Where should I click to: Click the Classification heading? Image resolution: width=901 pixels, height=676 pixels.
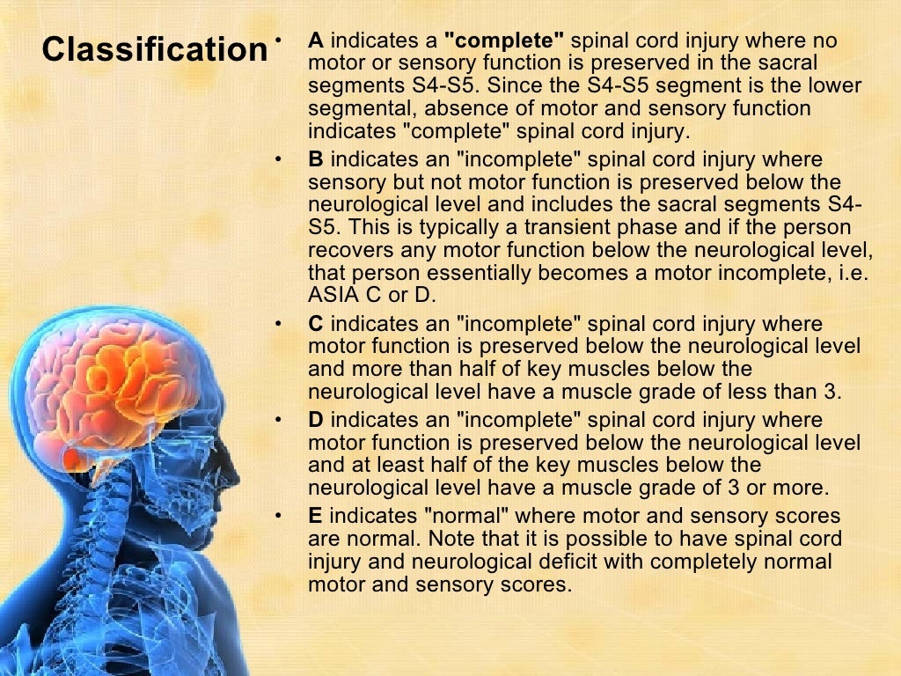point(154,49)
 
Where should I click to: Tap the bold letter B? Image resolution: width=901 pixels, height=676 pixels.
point(316,160)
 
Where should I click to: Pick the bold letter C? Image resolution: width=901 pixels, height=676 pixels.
point(316,324)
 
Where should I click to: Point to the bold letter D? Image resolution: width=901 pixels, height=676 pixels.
point(316,420)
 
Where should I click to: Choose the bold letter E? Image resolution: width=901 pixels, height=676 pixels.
point(315,516)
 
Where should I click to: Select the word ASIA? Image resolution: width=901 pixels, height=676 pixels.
point(333,295)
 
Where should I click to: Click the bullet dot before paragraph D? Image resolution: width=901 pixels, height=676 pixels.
point(279,421)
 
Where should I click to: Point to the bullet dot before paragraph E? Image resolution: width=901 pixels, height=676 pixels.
point(279,517)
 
